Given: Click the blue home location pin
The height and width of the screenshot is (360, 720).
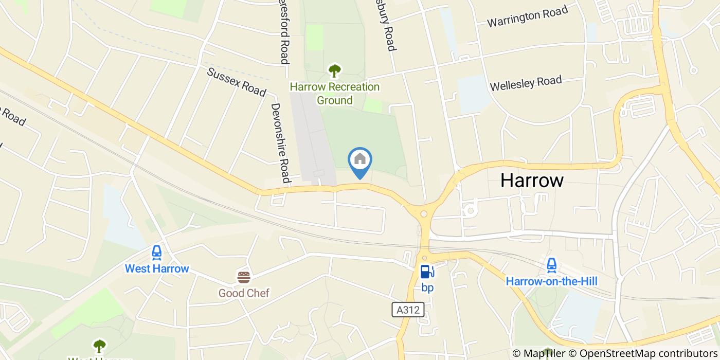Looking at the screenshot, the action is click(x=360, y=160).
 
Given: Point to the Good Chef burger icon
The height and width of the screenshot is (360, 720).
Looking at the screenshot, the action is click(x=244, y=278).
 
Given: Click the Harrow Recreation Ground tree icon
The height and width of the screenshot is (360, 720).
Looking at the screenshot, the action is click(x=334, y=70).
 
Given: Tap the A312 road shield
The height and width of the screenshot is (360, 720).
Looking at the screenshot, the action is click(x=408, y=309).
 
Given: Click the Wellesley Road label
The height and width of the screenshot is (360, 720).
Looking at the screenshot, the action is click(x=526, y=83).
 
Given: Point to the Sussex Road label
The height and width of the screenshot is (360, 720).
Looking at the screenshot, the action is click(x=237, y=82).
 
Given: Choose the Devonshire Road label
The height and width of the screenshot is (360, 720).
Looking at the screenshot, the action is click(x=281, y=143).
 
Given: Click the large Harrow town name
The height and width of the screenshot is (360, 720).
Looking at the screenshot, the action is click(x=532, y=181).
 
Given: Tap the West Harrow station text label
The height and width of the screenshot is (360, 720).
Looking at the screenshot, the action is click(x=157, y=268).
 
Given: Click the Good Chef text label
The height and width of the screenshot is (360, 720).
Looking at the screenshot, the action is click(x=244, y=293).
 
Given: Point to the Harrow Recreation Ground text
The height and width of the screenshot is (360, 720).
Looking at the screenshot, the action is click(x=334, y=93).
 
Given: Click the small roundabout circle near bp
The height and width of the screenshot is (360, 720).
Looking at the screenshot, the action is click(x=424, y=213).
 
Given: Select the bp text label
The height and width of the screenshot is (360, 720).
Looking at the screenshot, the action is click(x=427, y=287).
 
